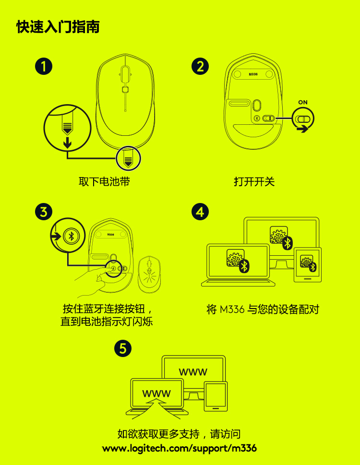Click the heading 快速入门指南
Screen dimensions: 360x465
[x=58, y=27]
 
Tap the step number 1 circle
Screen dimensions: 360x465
[x=44, y=66]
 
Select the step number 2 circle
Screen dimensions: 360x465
[x=200, y=66]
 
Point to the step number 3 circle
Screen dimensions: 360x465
[x=44, y=212]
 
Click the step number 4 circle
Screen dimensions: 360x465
[x=200, y=212]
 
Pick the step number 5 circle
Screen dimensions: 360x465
[x=123, y=348]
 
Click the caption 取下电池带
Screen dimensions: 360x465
[x=104, y=181]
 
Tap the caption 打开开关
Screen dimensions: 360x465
[x=254, y=181]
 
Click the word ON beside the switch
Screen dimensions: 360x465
[x=303, y=102]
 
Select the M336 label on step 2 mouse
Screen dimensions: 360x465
[x=253, y=74]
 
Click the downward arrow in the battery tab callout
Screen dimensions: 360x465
[x=68, y=142]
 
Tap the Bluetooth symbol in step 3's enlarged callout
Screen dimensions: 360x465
[x=71, y=236]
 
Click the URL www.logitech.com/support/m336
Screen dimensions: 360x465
[x=180, y=448]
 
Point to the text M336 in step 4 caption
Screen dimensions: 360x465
[x=232, y=310]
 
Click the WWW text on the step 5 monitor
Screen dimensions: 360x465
[x=193, y=372]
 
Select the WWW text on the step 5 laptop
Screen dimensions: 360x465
[x=156, y=393]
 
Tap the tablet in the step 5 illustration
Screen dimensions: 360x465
[x=216, y=396]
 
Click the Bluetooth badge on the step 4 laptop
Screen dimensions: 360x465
[x=244, y=266]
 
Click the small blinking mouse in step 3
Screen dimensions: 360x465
[x=149, y=274]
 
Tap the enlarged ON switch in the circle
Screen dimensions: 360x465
[x=303, y=119]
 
